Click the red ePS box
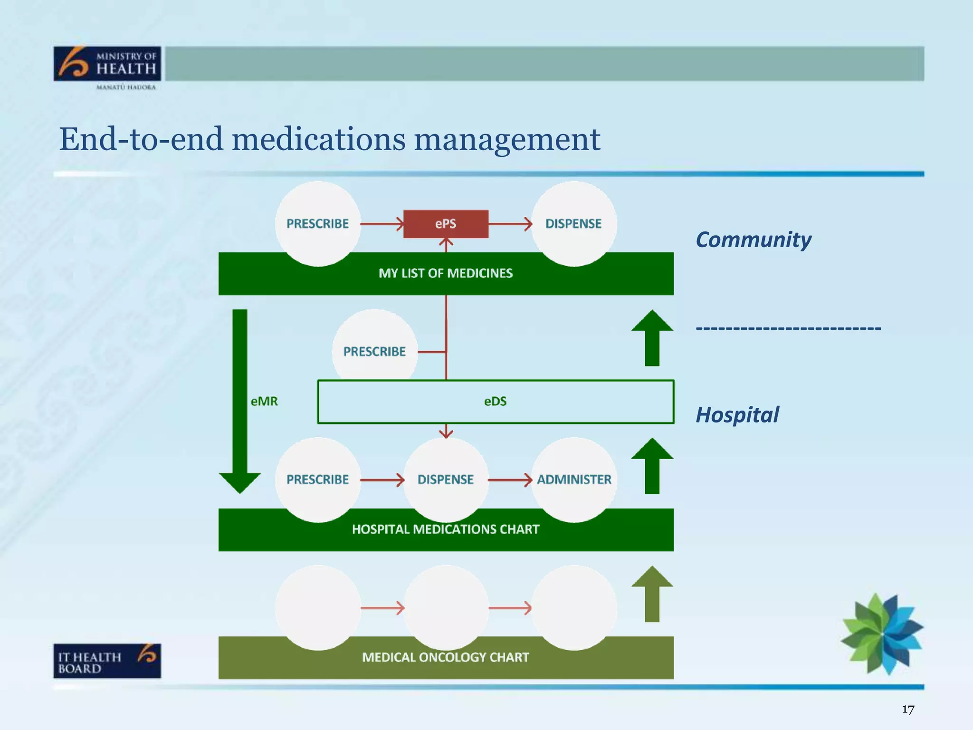[446, 224]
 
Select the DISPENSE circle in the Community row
[573, 223]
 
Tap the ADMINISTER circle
[574, 480]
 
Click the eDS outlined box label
[495, 402]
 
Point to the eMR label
[264, 402]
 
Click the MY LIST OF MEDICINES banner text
[446, 273]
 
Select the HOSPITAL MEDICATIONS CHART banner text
[446, 529]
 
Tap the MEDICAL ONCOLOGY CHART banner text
[446, 657]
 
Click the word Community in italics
[754, 240]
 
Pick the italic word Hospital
[737, 414]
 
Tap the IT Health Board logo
[107, 661]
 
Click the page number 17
[908, 710]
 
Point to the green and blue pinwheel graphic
[882, 634]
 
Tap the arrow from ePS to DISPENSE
[510, 224]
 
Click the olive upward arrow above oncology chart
[652, 594]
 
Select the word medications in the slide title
[318, 139]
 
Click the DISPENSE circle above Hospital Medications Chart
[446, 480]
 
